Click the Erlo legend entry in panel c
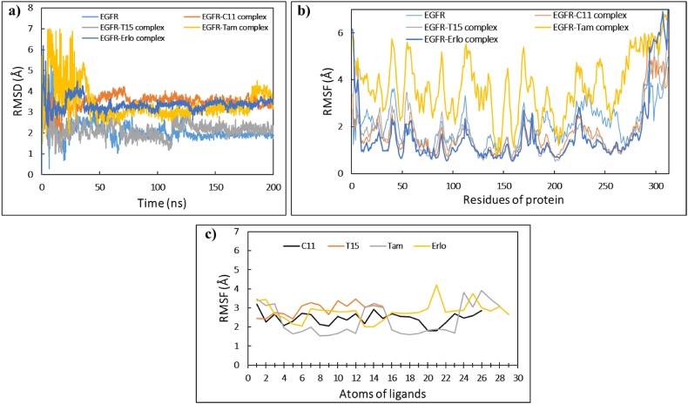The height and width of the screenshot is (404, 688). coord(452,244)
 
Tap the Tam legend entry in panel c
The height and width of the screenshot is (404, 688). coord(405,244)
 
